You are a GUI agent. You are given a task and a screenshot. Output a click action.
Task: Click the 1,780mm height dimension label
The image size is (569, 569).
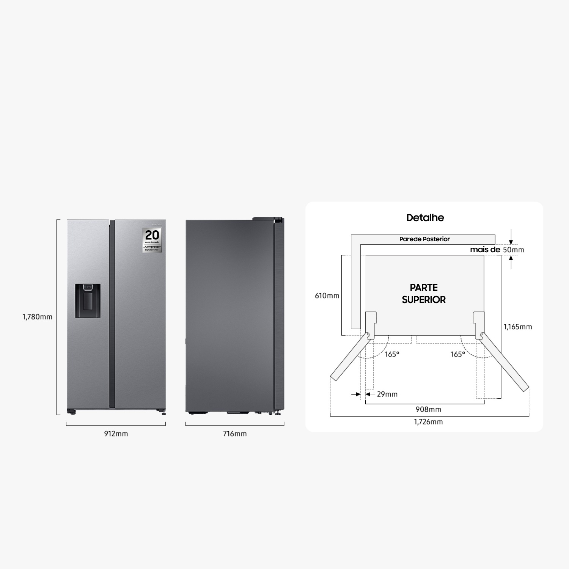point(37,317)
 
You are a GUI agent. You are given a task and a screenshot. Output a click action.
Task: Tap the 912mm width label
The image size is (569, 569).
point(116,434)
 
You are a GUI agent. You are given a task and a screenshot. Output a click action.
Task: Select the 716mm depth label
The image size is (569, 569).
point(235,434)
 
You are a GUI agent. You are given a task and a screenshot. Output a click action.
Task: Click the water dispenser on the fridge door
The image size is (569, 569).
point(88,300)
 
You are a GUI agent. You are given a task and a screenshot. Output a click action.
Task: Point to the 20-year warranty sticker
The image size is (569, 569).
point(152,240)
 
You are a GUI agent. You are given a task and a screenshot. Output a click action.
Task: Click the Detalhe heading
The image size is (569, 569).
point(425,218)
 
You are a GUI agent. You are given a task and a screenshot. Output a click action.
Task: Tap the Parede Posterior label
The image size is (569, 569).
point(424,239)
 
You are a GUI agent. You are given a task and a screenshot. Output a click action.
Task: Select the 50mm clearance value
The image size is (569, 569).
point(513,250)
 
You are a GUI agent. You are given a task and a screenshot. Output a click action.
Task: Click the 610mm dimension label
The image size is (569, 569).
point(327,296)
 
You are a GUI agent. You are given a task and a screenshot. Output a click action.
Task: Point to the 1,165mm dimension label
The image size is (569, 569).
point(518,327)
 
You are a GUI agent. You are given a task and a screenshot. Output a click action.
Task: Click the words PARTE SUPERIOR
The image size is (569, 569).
point(424,294)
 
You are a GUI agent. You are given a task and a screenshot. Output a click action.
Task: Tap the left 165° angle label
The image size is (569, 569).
point(392,354)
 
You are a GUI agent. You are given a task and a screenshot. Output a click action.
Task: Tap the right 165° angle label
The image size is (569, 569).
point(457,354)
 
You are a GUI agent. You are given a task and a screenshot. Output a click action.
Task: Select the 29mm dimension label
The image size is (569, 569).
point(387,394)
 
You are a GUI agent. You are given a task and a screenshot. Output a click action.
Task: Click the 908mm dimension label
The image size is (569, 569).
point(428,409)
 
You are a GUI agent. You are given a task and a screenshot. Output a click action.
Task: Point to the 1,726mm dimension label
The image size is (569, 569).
point(428,422)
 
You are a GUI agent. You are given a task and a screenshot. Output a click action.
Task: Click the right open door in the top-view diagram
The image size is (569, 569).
point(505,362)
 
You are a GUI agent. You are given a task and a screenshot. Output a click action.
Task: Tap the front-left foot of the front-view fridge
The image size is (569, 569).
point(71,412)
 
